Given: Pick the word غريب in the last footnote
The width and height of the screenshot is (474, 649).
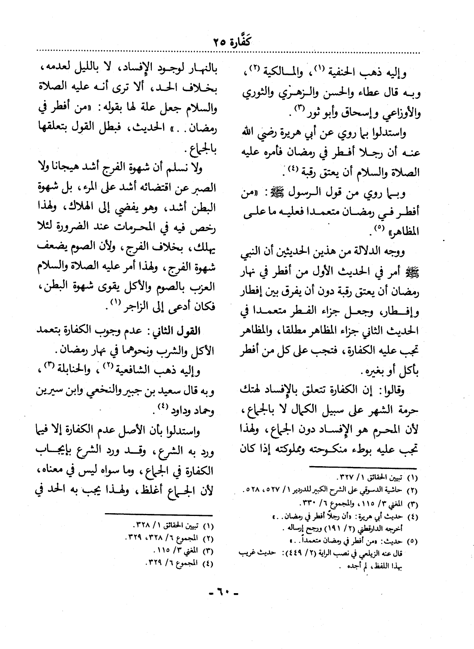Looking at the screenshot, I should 244,553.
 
